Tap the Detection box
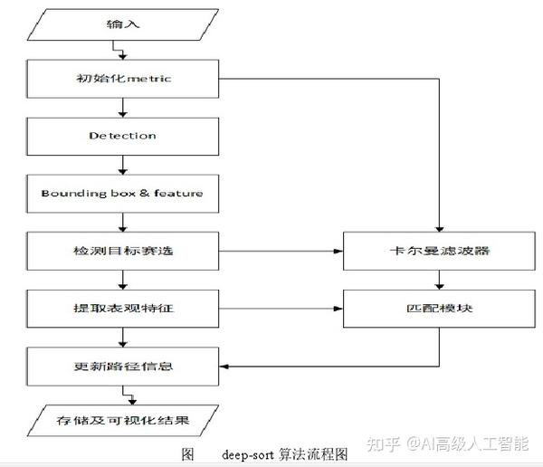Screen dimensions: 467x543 [122, 136]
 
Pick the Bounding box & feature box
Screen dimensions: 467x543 [122, 193]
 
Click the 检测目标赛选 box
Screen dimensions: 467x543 [122, 250]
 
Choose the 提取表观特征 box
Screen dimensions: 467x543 [122, 309]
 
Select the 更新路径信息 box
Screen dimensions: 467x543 [122, 367]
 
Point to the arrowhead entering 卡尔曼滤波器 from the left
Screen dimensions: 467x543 [338, 250]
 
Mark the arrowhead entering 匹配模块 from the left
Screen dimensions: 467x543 [338, 309]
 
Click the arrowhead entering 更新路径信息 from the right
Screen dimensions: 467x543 [224, 367]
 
